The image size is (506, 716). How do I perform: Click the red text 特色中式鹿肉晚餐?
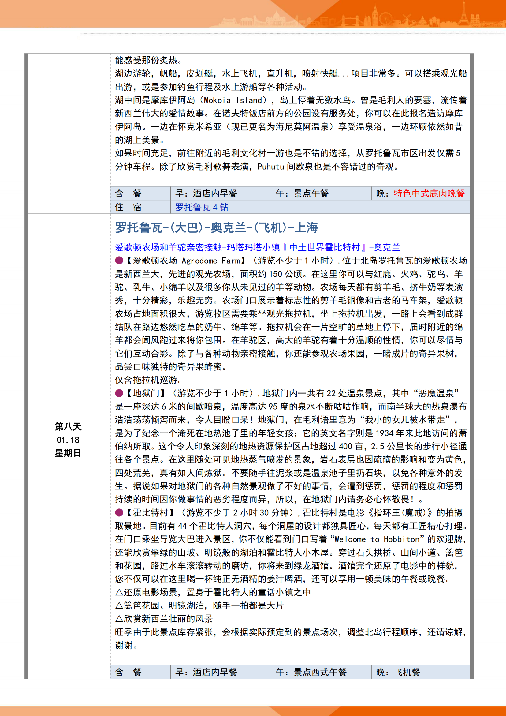[429, 194]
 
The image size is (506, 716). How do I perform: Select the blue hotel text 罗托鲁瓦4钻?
[202, 207]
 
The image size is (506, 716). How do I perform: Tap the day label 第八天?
[68, 427]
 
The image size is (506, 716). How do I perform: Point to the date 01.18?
[68, 440]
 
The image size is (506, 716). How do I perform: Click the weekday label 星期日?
[68, 453]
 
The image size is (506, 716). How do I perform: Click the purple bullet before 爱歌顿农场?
[119, 261]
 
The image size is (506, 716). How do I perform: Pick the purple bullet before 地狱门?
[119, 393]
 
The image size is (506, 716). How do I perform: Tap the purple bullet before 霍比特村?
[119, 513]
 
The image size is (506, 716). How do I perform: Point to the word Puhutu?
[271, 167]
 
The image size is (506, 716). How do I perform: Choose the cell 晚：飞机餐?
[398, 672]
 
